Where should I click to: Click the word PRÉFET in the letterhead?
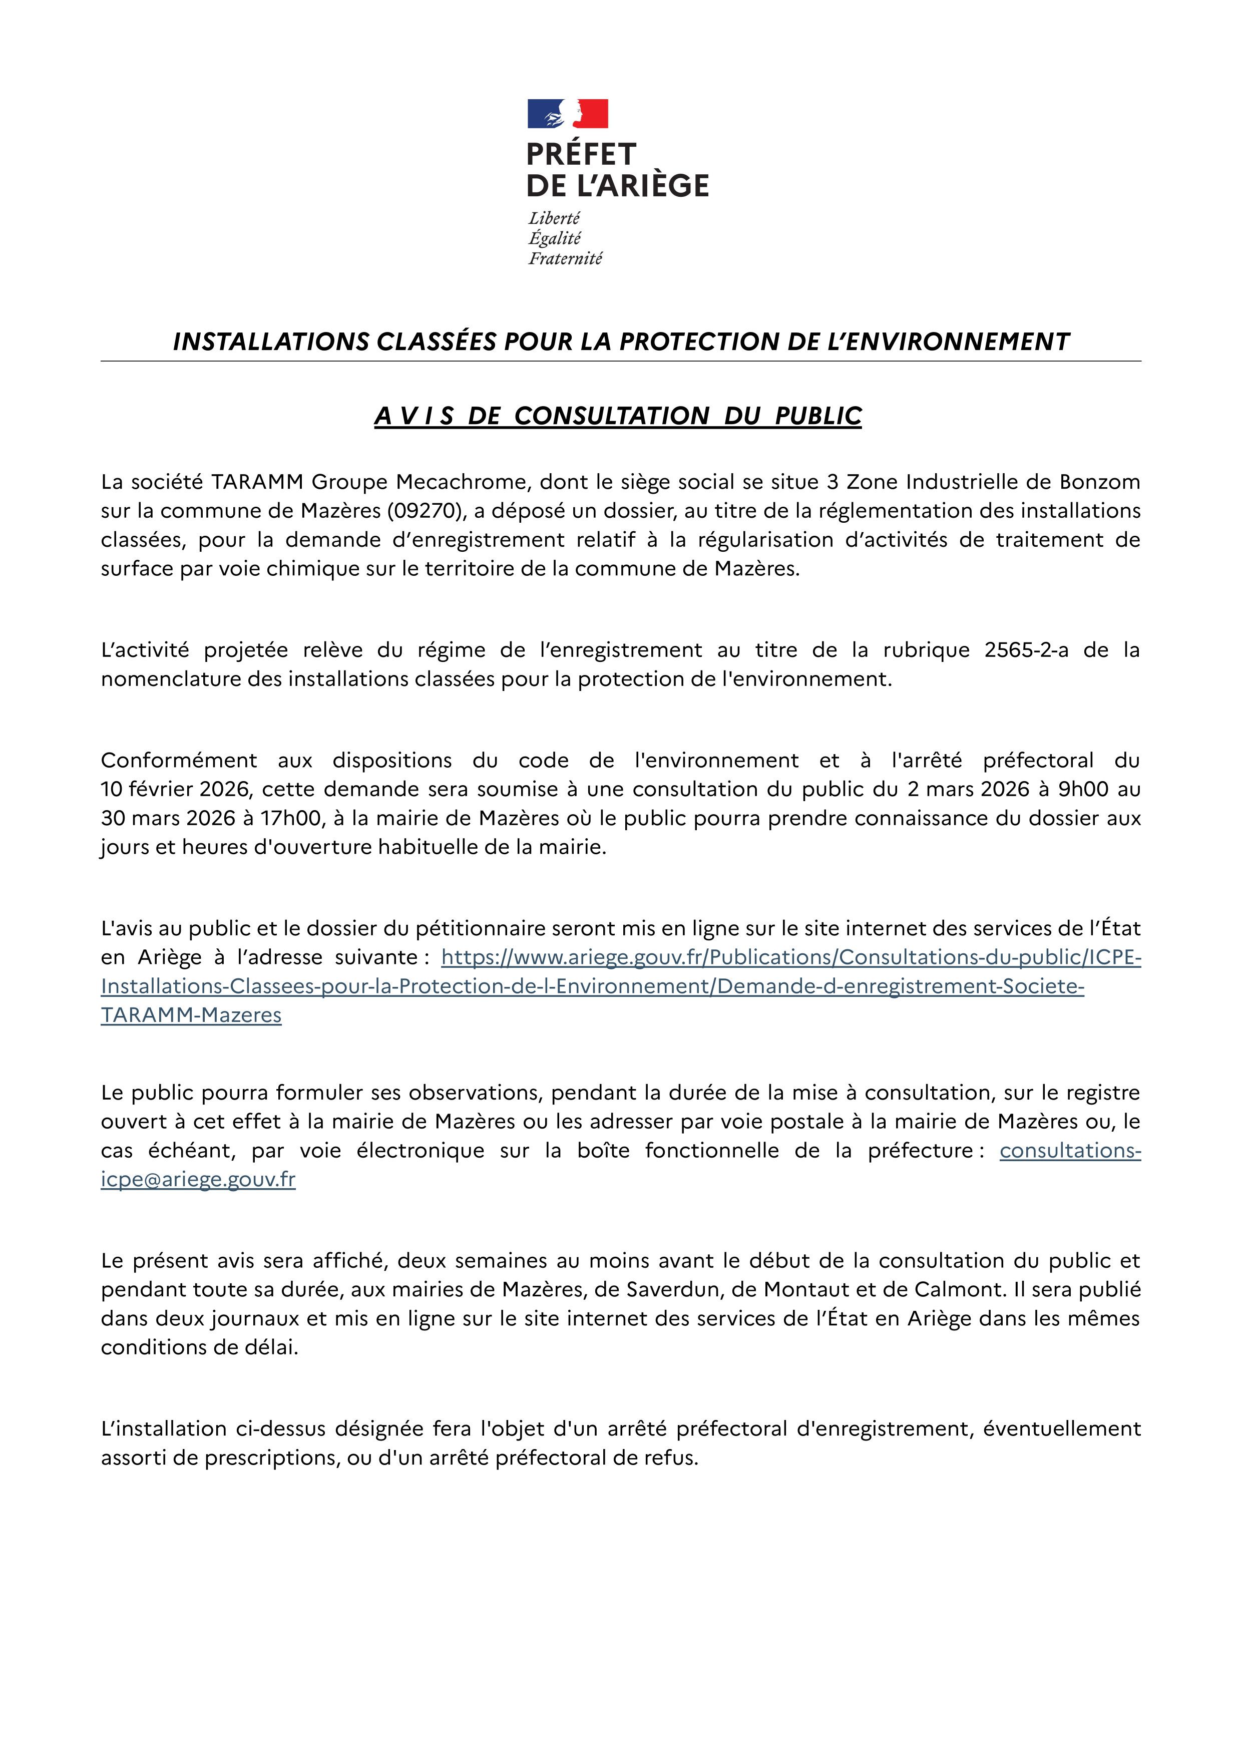click(x=581, y=155)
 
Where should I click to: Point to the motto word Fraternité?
click(x=565, y=259)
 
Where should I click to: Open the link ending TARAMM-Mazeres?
click(x=191, y=1015)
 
